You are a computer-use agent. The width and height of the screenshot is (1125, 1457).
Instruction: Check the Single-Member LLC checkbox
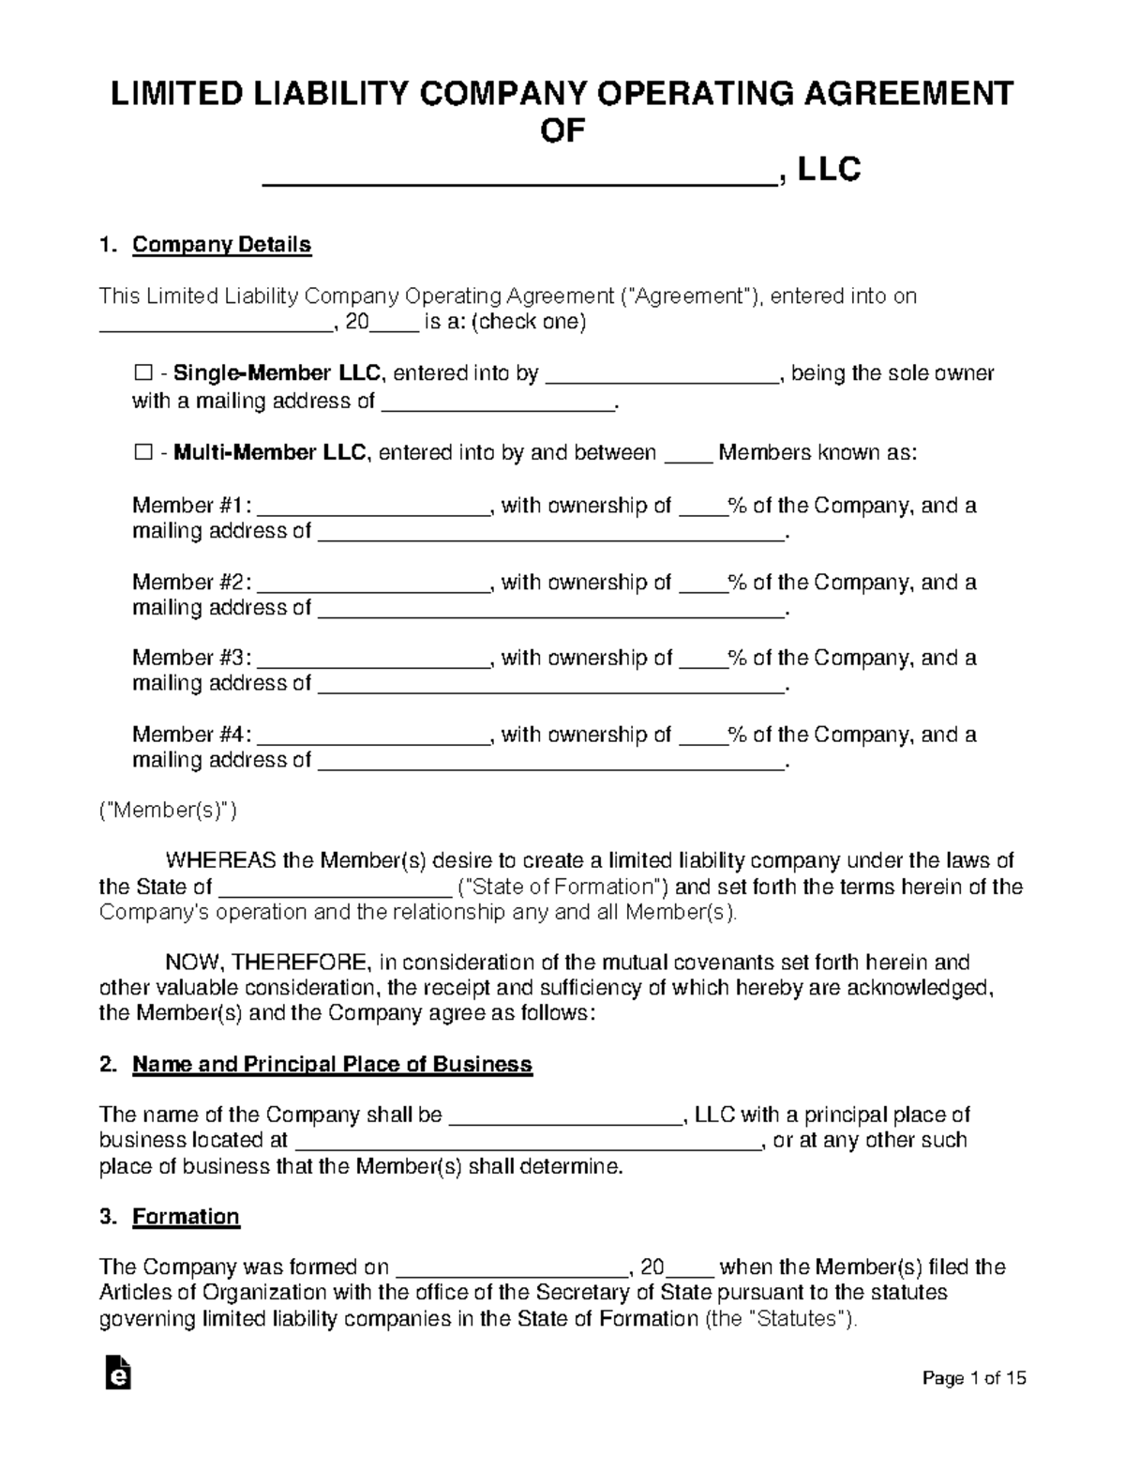(x=142, y=374)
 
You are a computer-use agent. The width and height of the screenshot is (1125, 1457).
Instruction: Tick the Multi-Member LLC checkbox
(x=142, y=453)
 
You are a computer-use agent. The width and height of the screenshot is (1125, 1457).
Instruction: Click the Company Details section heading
(x=221, y=245)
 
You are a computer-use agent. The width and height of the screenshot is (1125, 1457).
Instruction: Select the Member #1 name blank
(x=373, y=508)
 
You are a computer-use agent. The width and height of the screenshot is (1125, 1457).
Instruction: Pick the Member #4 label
(x=191, y=735)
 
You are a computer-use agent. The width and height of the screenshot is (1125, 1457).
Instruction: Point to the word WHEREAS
(x=221, y=861)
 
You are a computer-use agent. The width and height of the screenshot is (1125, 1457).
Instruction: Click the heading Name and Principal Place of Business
(x=332, y=1065)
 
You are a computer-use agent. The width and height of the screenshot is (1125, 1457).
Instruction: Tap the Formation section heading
(x=186, y=1217)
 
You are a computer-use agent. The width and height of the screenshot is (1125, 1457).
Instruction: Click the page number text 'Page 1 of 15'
(x=975, y=1378)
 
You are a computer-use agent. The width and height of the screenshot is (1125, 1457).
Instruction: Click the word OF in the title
(x=562, y=132)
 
